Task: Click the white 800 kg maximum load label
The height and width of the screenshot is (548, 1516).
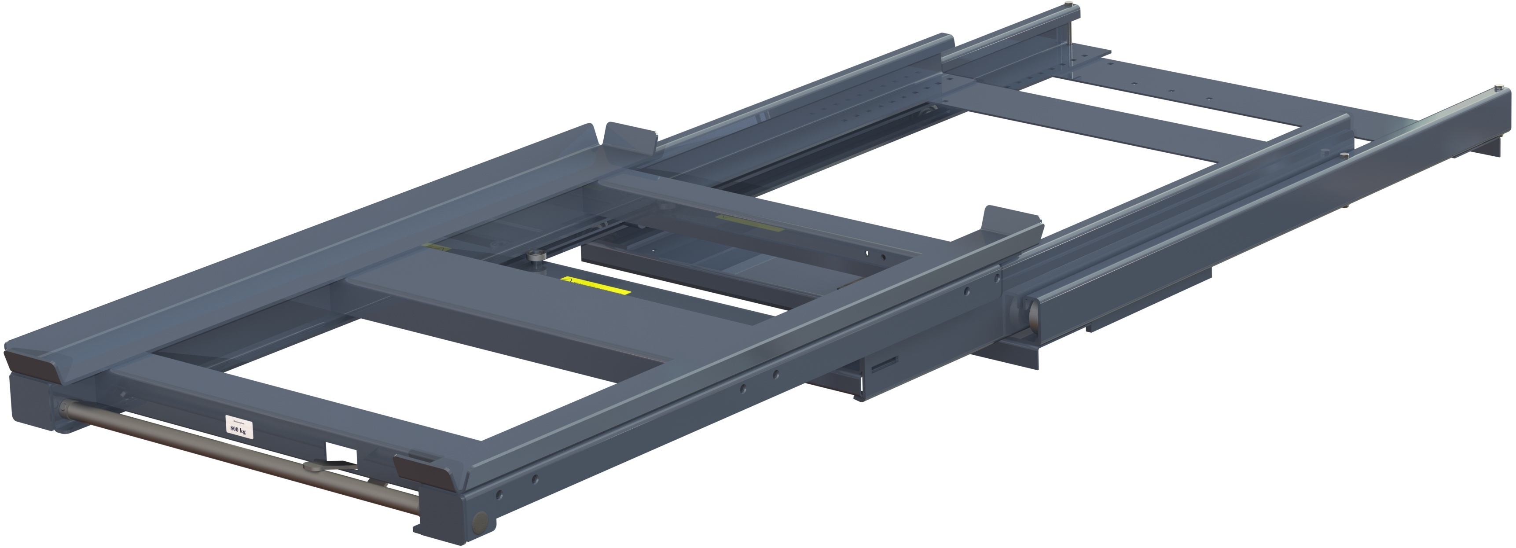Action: [239, 425]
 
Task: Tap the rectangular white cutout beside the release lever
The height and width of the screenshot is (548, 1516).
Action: [342, 454]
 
